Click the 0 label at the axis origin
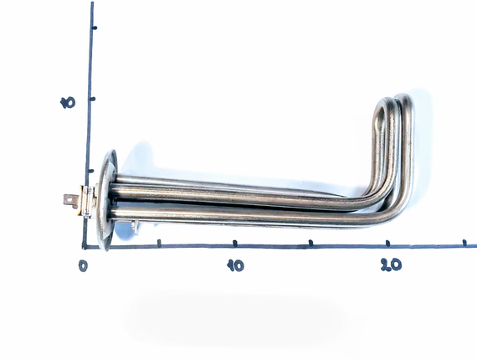(x=83, y=266)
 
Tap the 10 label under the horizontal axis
(x=235, y=265)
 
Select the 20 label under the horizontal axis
(x=391, y=265)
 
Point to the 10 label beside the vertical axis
(x=68, y=103)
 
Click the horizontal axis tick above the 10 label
(x=234, y=243)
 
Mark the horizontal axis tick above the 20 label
(x=387, y=243)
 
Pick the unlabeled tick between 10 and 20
(x=310, y=243)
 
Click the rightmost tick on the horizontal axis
(x=464, y=243)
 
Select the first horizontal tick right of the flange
(x=159, y=243)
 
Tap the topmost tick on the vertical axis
(x=95, y=28)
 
